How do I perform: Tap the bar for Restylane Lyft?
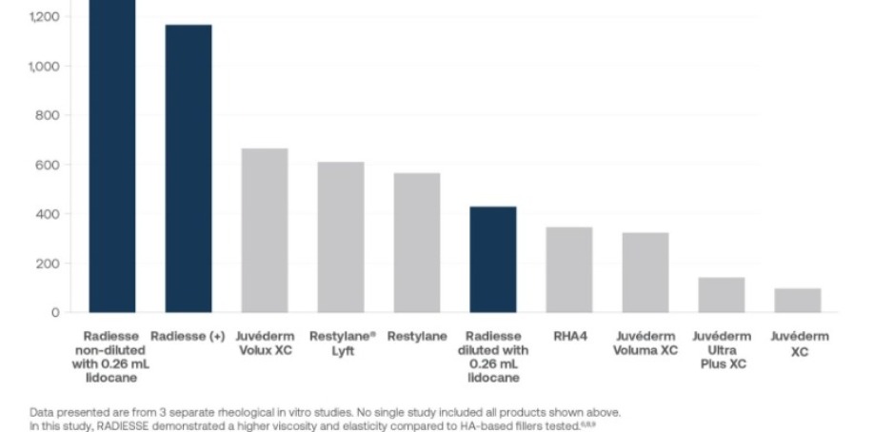click(x=341, y=237)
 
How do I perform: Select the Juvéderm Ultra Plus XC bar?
click(x=722, y=295)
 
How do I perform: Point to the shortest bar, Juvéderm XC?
click(x=798, y=300)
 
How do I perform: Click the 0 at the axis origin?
click(x=55, y=313)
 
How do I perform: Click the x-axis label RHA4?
click(x=569, y=337)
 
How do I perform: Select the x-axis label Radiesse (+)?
click(x=189, y=337)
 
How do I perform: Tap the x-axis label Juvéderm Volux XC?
click(x=265, y=344)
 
